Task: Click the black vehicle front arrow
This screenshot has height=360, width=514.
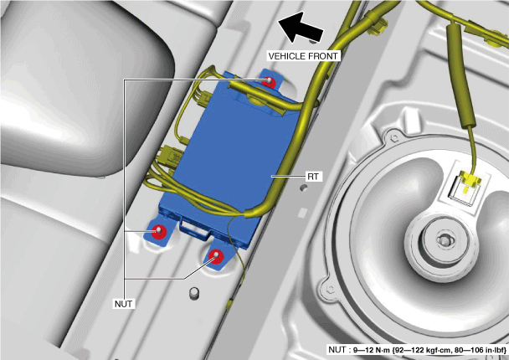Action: (300, 28)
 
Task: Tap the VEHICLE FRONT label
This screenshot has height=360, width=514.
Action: (303, 56)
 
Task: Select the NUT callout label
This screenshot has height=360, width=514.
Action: (124, 304)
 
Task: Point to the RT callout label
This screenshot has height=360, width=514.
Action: (313, 177)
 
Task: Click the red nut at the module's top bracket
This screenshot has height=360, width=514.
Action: (269, 80)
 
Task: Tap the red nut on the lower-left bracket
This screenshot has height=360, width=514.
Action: (159, 231)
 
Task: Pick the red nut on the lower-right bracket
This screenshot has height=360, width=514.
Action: (216, 255)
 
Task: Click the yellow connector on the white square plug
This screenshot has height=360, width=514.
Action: (470, 180)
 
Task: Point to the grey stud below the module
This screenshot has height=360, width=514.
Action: (194, 293)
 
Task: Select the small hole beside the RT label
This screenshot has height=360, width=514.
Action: (304, 188)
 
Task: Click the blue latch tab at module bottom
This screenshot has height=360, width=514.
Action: (194, 228)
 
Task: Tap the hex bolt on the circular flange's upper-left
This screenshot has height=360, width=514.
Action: (394, 137)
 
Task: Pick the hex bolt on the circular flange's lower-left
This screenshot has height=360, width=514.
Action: (330, 289)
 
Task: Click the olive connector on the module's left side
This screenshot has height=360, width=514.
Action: (168, 157)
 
